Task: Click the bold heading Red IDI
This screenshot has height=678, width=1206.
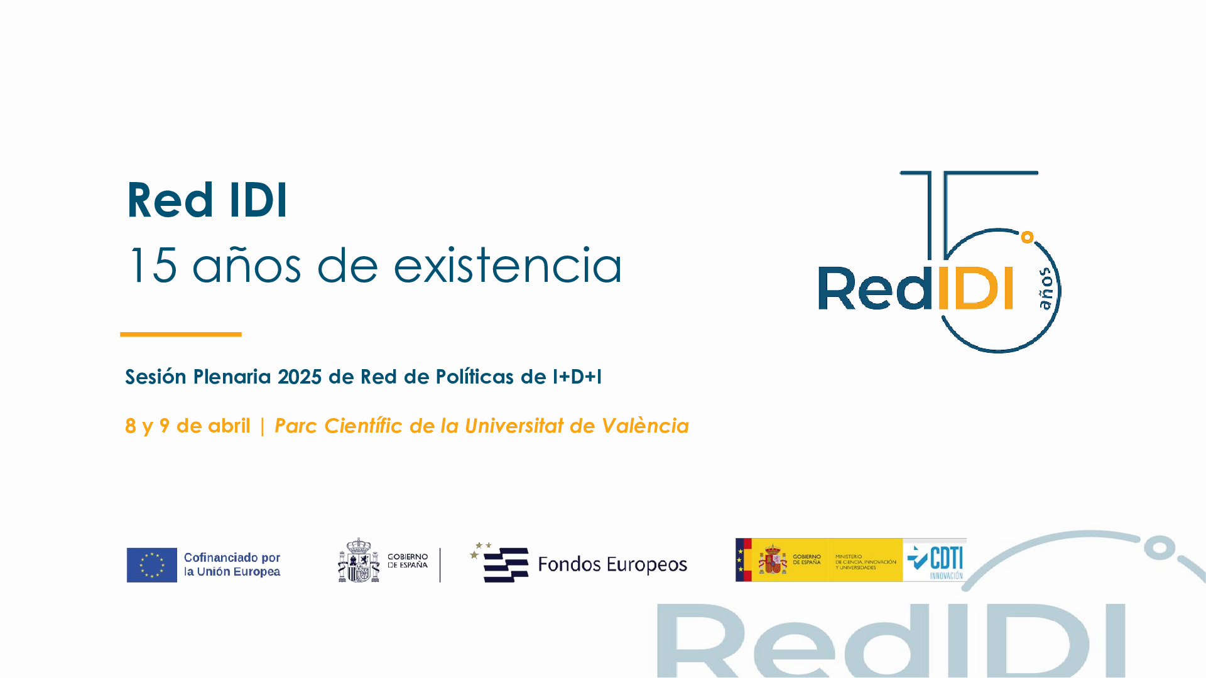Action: point(207,200)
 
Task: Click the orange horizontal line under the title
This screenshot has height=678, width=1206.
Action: point(181,335)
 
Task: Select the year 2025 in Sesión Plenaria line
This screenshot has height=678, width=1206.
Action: point(300,377)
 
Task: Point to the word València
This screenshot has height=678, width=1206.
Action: point(645,426)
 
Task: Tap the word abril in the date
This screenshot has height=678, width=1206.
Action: point(231,426)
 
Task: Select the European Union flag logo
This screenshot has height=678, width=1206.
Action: point(152,565)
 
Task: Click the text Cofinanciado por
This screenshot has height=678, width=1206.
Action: point(232,557)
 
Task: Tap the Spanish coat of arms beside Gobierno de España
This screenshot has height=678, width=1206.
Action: point(359,561)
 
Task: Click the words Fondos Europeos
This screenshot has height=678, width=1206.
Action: point(612,564)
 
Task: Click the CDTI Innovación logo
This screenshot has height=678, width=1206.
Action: point(935,561)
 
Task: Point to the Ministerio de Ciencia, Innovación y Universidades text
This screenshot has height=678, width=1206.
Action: point(866,562)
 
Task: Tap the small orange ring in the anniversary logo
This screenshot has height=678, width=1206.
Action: point(1027,237)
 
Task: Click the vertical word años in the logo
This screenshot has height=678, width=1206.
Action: point(1046,289)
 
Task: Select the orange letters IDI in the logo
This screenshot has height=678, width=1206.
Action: point(974,289)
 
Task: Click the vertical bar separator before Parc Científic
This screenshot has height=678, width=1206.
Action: point(262,426)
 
